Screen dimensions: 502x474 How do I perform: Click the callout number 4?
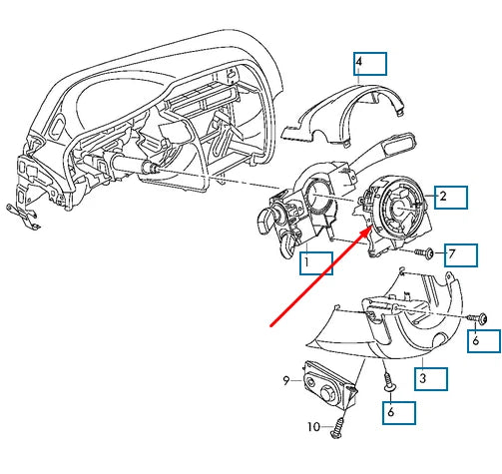pyautogui.click(x=358, y=62)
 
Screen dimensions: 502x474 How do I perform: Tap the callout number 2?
pyautogui.click(x=443, y=197)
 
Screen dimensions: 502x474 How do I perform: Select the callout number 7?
pyautogui.click(x=451, y=254)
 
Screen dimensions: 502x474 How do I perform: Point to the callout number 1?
pyautogui.click(x=306, y=262)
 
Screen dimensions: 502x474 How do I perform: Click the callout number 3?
pyautogui.click(x=422, y=378)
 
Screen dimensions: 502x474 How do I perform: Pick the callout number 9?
pyautogui.click(x=286, y=380)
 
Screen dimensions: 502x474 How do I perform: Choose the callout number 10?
pyautogui.click(x=314, y=426)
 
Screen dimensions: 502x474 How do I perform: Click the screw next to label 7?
pyautogui.click(x=424, y=253)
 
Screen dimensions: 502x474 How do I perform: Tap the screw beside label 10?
pyautogui.click(x=338, y=428)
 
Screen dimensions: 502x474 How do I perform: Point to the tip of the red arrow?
pyautogui.click(x=371, y=227)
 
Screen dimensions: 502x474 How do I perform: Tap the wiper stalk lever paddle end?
pyautogui.click(x=400, y=146)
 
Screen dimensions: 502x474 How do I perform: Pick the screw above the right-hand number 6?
pyautogui.click(x=478, y=318)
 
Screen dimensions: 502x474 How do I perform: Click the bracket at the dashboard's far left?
pyautogui.click(x=23, y=217)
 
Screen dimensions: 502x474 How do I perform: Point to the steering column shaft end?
pyautogui.click(x=153, y=168)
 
